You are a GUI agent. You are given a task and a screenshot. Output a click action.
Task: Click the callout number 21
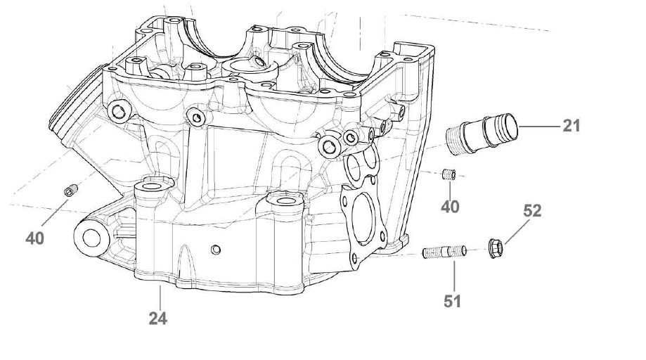[571, 126]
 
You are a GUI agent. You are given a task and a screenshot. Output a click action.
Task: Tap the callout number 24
[157, 319]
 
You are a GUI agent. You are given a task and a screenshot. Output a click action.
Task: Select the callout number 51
[452, 302]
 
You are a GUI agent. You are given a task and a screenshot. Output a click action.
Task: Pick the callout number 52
[532, 211]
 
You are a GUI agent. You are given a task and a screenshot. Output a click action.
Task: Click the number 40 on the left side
[34, 238]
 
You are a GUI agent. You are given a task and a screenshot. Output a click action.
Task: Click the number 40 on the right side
[450, 207]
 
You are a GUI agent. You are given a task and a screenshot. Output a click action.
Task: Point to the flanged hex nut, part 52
[496, 248]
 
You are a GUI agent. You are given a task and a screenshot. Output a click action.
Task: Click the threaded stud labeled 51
[444, 252]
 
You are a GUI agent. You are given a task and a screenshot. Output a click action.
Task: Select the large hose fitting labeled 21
[482, 134]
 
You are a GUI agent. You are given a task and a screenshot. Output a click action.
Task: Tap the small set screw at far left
[71, 191]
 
